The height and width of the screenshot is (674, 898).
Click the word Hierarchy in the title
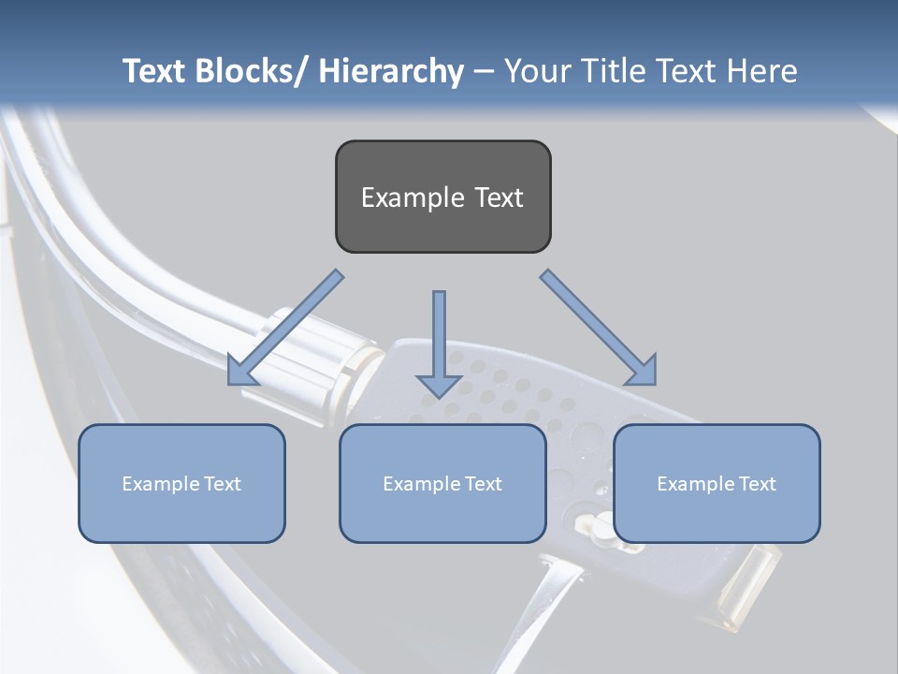point(391,72)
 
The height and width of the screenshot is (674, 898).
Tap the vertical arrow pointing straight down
point(439,337)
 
